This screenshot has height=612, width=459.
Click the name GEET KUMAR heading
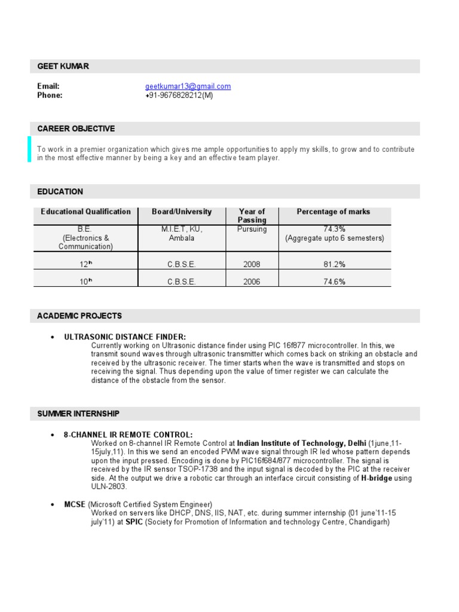click(x=63, y=66)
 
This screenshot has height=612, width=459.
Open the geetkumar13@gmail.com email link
click(x=188, y=86)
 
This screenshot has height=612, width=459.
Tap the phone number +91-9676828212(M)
click(x=179, y=95)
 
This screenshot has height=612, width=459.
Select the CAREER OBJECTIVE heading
click(x=76, y=128)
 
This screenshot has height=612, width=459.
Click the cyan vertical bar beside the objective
click(x=29, y=149)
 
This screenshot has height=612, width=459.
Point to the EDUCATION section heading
click(x=60, y=192)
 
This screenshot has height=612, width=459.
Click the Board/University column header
click(x=182, y=212)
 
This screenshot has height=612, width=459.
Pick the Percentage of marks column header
click(x=333, y=212)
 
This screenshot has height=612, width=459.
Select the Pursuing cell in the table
click(x=252, y=229)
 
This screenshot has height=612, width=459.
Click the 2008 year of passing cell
click(x=252, y=264)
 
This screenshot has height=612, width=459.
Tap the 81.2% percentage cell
click(x=334, y=264)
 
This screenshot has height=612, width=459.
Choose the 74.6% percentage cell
click(x=334, y=282)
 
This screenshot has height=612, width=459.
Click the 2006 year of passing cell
click(x=252, y=282)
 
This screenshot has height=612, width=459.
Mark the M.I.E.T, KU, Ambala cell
click(x=182, y=234)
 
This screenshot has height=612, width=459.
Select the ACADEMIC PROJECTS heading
click(x=79, y=316)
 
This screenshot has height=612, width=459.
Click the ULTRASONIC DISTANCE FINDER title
click(x=125, y=337)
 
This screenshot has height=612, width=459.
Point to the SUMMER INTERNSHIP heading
click(x=78, y=413)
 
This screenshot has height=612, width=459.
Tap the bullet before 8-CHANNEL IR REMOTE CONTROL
click(x=53, y=434)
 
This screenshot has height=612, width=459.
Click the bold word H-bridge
click(x=377, y=478)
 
